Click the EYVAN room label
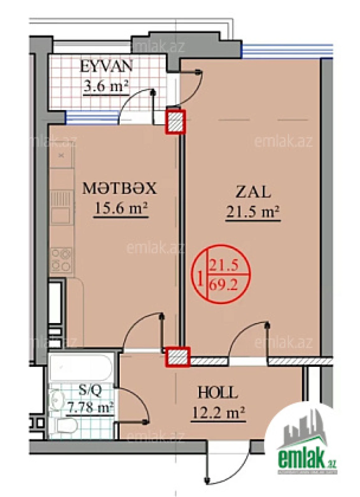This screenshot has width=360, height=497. click(106, 66)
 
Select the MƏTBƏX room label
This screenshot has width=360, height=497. click(119, 189)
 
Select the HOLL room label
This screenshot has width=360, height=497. click(218, 393)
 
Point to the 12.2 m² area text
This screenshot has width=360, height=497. click(219, 413)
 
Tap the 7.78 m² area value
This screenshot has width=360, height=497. click(90, 407)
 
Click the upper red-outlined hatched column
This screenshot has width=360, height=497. click(175, 121)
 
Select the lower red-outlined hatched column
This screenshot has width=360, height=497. click(177, 357)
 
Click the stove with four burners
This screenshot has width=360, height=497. click(61, 260)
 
